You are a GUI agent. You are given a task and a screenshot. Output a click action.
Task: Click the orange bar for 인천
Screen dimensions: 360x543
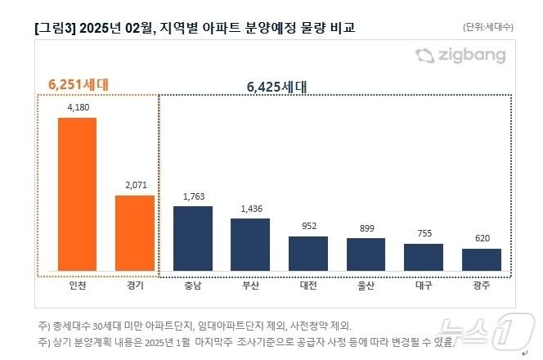[x=77, y=195]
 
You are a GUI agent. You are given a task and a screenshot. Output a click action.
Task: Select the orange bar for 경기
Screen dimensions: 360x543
[x=135, y=233]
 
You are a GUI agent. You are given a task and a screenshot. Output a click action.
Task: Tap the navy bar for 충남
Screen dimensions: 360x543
[x=193, y=238]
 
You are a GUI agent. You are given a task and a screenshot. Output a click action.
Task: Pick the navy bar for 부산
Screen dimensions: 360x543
[x=250, y=245]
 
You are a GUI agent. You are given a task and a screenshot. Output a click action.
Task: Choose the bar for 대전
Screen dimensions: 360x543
[x=308, y=254]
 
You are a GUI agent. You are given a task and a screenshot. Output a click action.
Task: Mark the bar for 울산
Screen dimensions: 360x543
[x=366, y=254]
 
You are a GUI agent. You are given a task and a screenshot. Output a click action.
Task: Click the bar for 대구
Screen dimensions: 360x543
[x=424, y=257]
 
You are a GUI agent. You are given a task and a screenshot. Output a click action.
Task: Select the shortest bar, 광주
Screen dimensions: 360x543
[x=482, y=259]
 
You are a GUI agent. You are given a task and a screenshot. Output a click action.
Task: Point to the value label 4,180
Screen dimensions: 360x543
[x=77, y=106]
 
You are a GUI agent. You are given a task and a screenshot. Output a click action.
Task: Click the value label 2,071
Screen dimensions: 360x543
[x=135, y=185]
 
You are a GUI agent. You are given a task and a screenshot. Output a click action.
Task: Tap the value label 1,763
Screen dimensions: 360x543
[x=193, y=196]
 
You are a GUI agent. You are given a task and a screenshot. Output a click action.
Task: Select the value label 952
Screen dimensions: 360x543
[x=308, y=227]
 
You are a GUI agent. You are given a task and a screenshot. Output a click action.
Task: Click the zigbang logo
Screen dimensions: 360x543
[x=460, y=56]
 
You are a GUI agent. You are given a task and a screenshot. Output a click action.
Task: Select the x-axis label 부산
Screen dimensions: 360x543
[x=250, y=286]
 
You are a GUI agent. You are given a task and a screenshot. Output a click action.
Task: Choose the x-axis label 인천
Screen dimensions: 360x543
[x=77, y=286]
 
